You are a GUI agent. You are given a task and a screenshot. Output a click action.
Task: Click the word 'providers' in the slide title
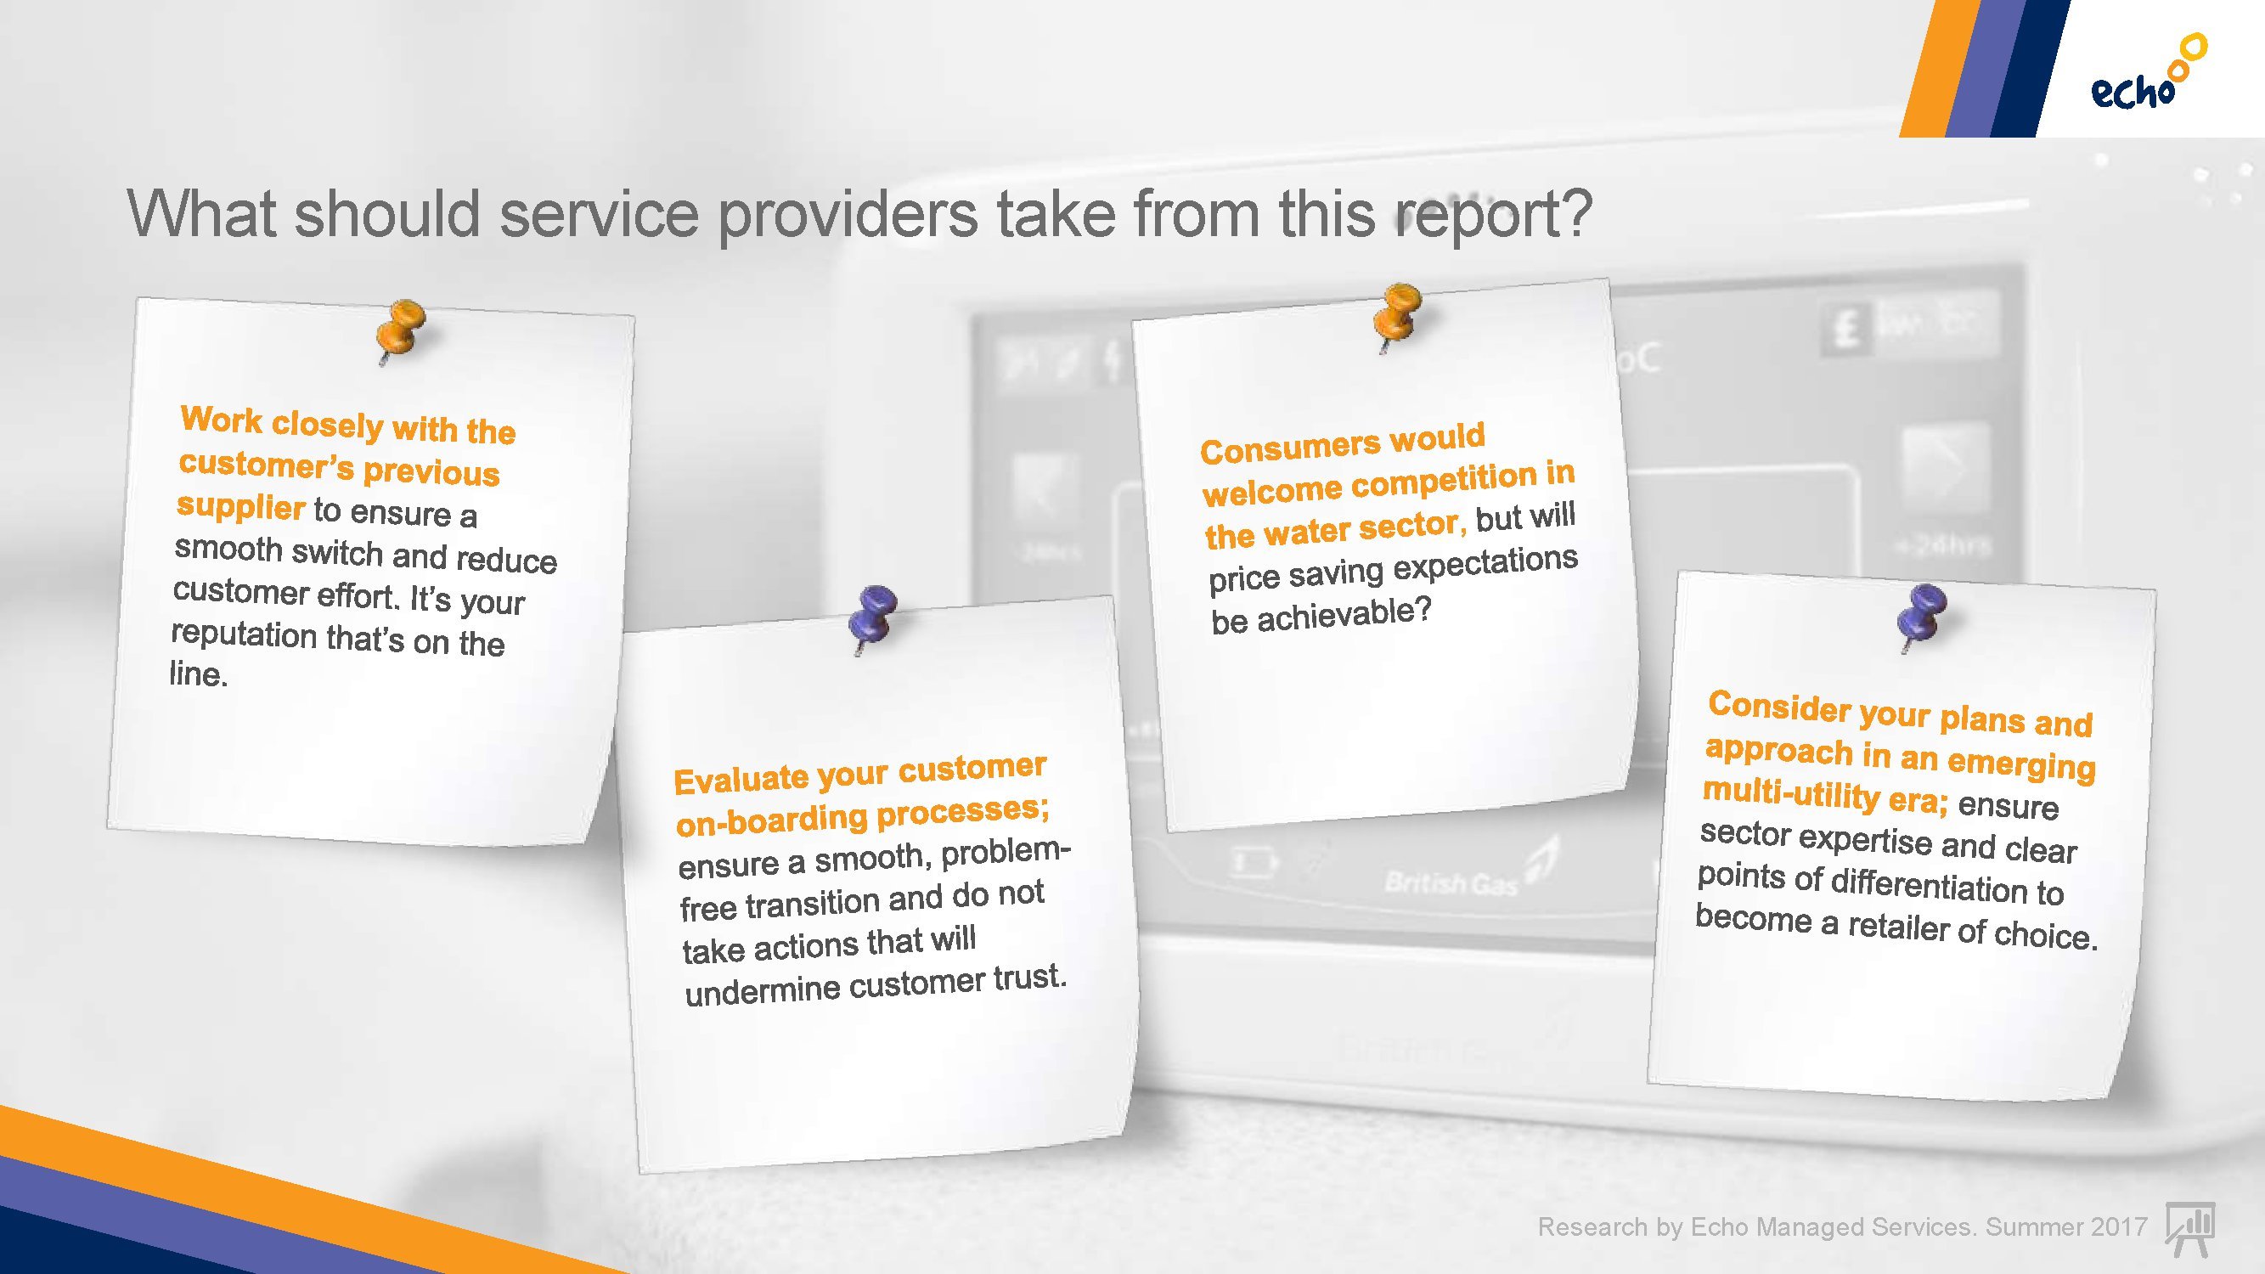pos(847,214)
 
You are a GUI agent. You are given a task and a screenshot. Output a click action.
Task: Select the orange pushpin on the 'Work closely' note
pos(400,330)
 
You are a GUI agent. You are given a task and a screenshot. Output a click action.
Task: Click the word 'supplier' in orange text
pos(241,506)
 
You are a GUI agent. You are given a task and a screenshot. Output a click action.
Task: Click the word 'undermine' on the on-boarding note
pos(763,990)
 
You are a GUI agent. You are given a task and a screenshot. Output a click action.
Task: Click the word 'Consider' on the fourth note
pos(1780,706)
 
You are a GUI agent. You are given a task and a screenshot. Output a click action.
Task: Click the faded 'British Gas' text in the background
pos(1451,882)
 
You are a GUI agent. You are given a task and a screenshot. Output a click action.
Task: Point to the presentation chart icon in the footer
pos(2189,1228)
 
